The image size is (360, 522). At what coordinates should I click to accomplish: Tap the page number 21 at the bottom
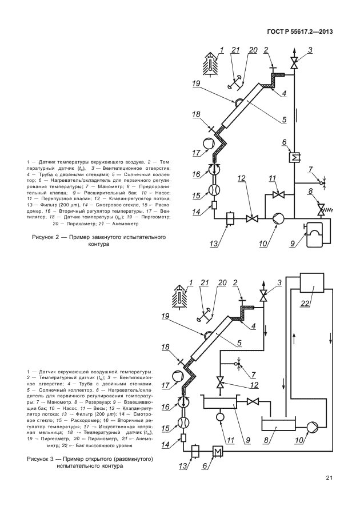pos(329,478)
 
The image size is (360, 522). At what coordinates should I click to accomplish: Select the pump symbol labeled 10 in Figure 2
pos(278,218)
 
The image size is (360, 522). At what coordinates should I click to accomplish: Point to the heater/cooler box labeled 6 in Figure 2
pos(296,157)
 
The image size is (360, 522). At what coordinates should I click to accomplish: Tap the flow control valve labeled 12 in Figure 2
pos(251,218)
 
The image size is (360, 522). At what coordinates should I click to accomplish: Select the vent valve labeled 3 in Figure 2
pos(295,63)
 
